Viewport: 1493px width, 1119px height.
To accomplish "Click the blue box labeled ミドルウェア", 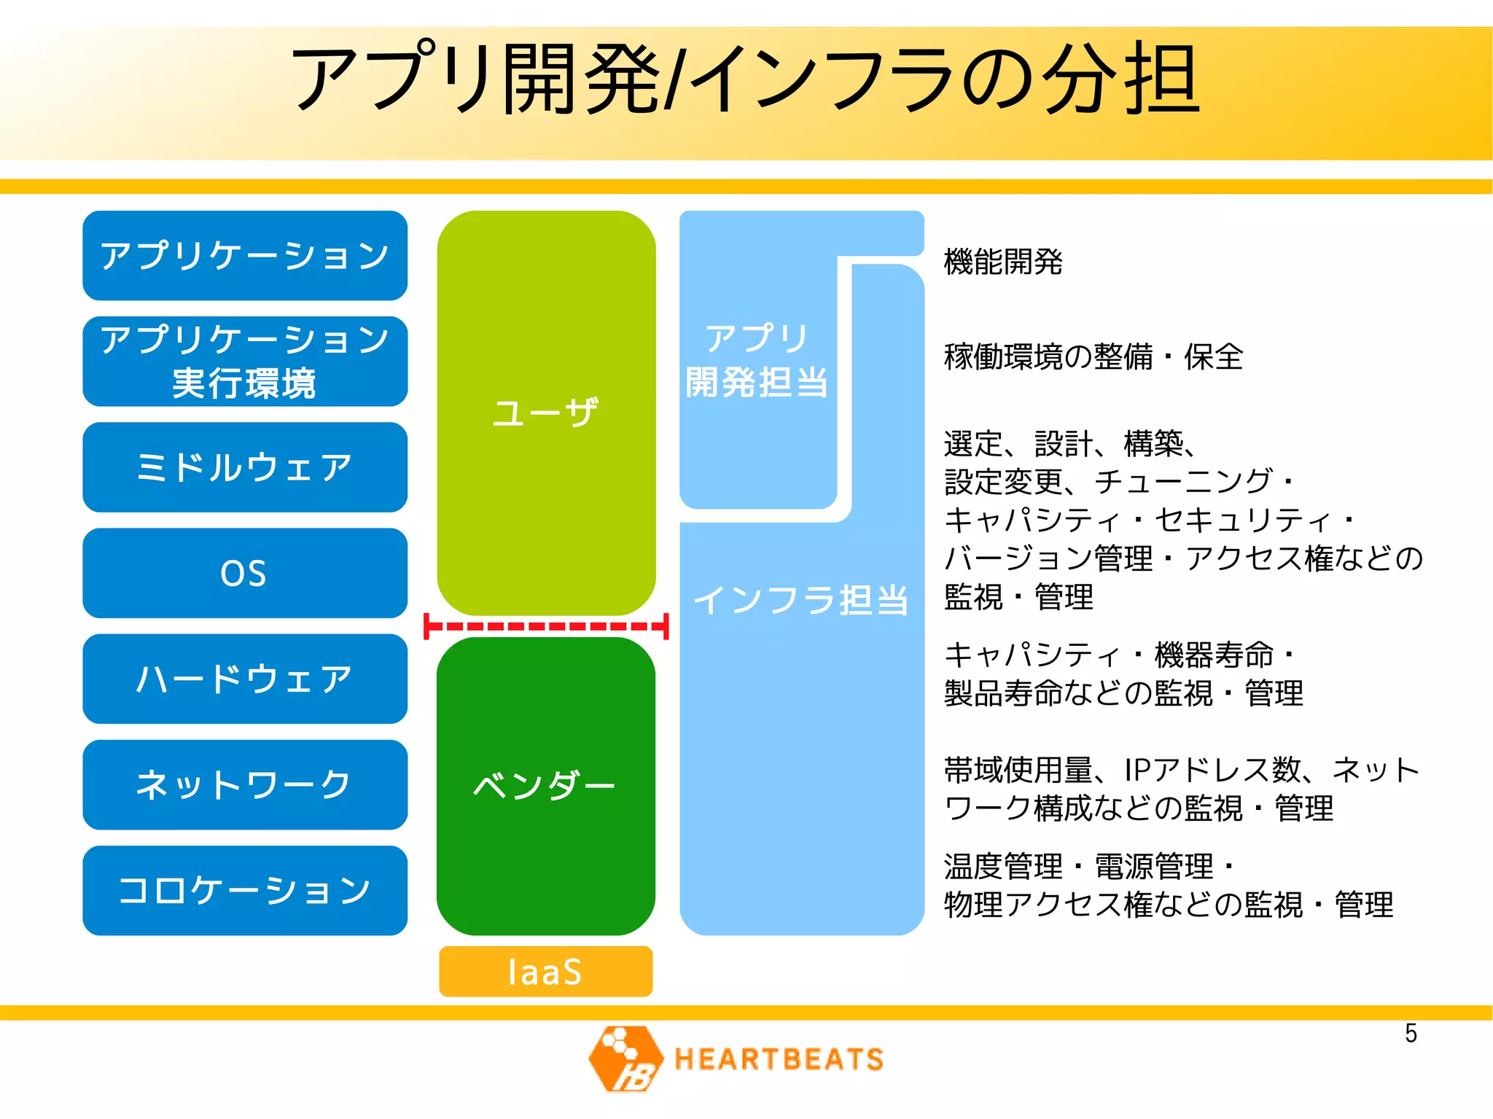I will tap(245, 467).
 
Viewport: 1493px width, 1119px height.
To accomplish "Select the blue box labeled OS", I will tap(245, 573).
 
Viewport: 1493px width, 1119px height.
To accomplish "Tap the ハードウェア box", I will tap(245, 679).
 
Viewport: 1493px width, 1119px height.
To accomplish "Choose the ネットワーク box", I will tap(245, 784).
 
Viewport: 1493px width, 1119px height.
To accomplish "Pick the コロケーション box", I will tap(245, 890).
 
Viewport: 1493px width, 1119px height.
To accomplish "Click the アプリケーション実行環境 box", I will tap(245, 362).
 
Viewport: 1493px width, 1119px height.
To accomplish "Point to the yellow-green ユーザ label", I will tap(545, 413).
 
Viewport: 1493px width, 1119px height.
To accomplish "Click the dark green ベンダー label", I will tap(545, 785).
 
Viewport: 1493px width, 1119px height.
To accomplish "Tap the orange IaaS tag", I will tap(545, 972).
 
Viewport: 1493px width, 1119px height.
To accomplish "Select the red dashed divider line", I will tap(546, 626).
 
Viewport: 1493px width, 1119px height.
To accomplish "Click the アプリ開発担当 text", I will tap(757, 361).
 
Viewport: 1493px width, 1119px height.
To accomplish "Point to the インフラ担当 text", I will tap(801, 600).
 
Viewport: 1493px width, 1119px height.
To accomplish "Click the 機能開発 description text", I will tap(1003, 262).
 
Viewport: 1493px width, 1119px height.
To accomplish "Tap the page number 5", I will tap(1411, 1034).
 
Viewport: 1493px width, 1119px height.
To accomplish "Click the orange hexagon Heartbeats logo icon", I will tap(625, 1058).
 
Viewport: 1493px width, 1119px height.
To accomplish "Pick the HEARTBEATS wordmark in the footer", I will tap(779, 1059).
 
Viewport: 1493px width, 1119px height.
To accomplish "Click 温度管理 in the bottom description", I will tap(1003, 867).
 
